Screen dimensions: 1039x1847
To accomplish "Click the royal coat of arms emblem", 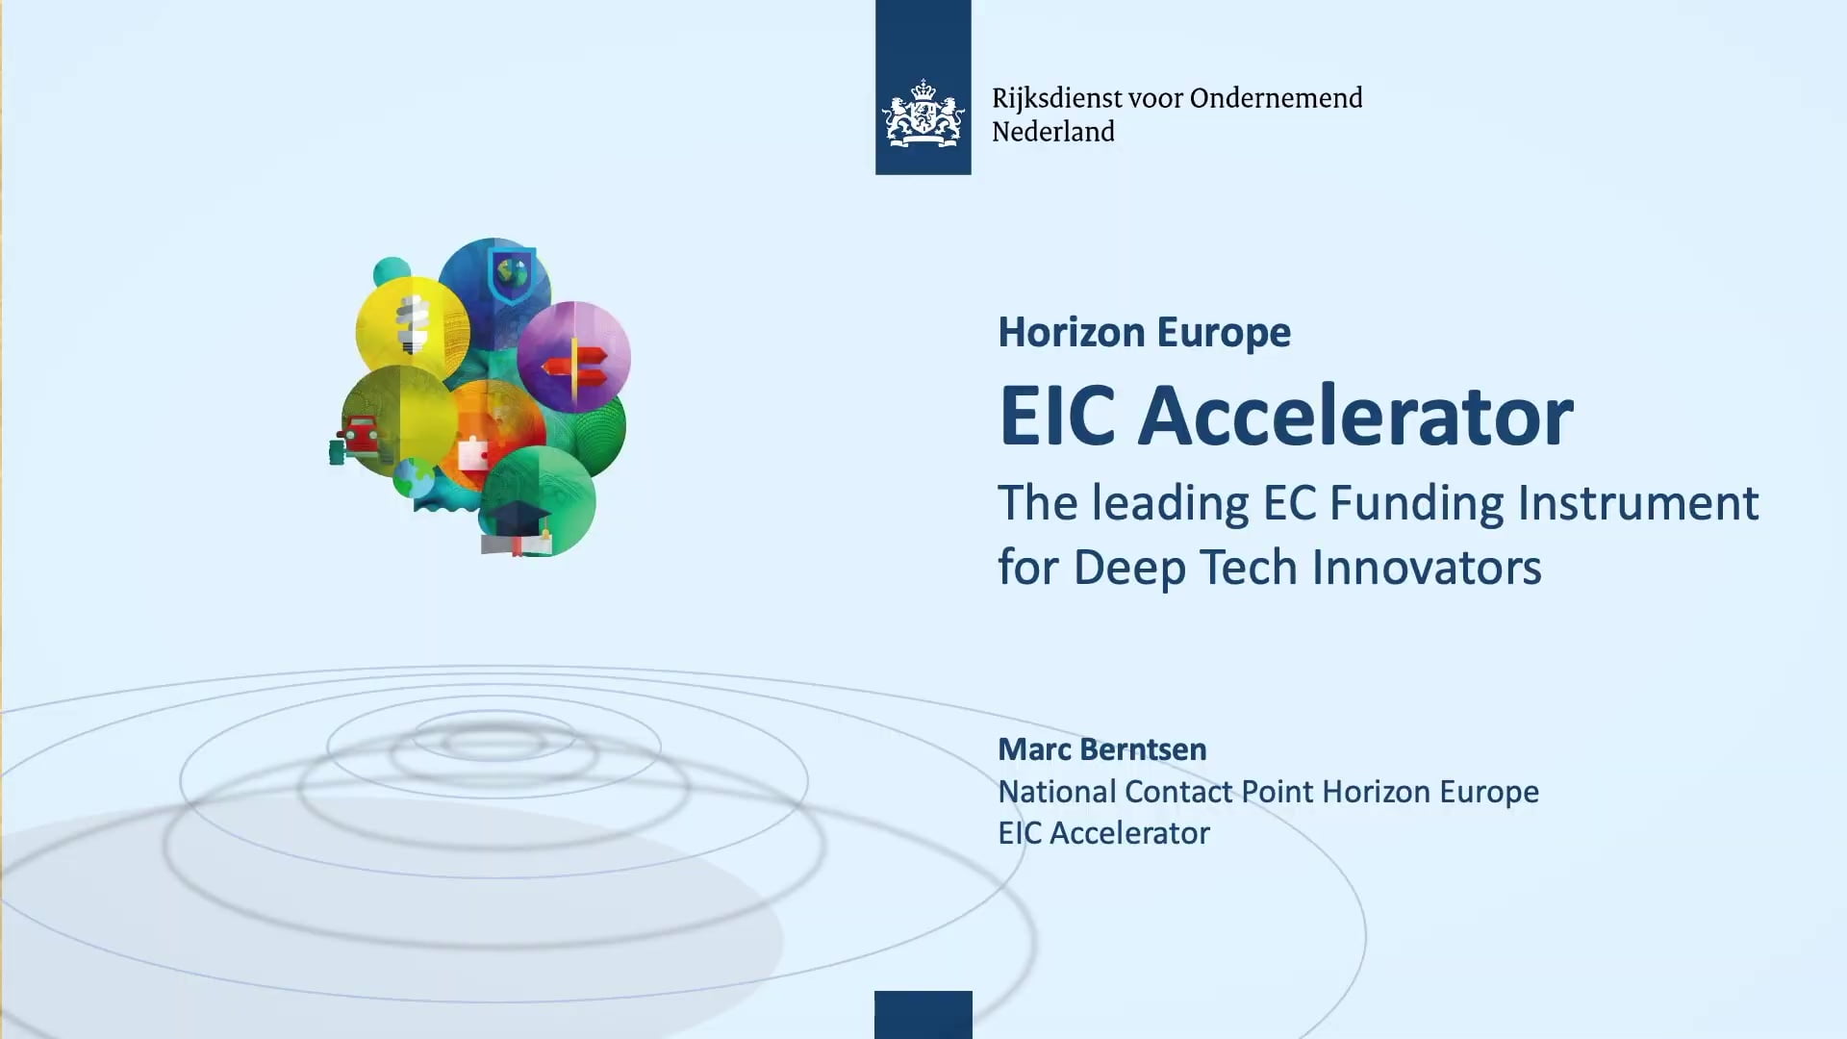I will (923, 114).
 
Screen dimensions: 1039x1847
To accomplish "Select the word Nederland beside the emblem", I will (1052, 132).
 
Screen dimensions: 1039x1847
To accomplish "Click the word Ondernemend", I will (1276, 98).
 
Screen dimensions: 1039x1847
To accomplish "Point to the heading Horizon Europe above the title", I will (1144, 333).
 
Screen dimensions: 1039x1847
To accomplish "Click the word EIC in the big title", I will (1056, 417).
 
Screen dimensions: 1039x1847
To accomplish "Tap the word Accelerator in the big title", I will (1354, 417).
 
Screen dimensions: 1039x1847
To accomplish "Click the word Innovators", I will (1427, 568).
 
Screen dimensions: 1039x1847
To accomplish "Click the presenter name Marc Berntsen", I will (1101, 749).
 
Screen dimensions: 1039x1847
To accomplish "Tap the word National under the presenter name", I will (1056, 792).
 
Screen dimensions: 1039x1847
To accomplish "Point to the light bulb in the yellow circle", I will (414, 323).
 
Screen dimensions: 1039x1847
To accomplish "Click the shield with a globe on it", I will (512, 273).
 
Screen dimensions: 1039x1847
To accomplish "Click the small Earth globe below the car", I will (413, 477).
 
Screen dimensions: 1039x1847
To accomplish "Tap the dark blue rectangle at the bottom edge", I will (923, 1014).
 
